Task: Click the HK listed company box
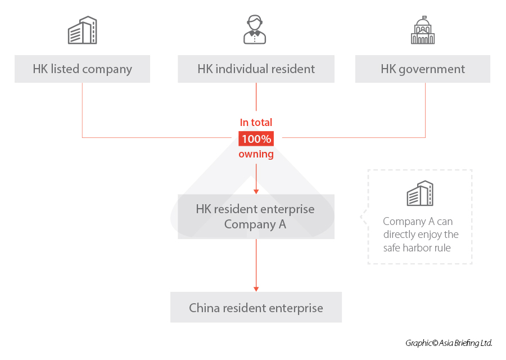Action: (x=82, y=69)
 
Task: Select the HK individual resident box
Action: (x=256, y=69)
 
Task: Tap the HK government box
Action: (x=423, y=69)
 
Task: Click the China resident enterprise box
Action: (x=256, y=308)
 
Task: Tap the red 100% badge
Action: (x=256, y=138)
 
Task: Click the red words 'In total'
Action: (x=256, y=123)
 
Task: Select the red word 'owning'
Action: (x=256, y=154)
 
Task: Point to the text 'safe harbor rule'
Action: (x=417, y=248)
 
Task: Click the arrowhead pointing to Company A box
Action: (x=256, y=191)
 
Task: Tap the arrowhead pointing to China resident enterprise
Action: (x=256, y=288)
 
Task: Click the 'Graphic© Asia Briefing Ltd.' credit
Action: (x=449, y=343)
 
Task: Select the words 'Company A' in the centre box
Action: (x=256, y=224)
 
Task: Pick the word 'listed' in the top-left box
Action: (x=65, y=69)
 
